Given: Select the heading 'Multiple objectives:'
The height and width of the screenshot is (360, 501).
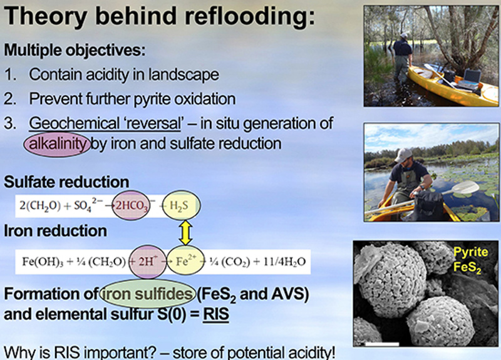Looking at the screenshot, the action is point(75,50).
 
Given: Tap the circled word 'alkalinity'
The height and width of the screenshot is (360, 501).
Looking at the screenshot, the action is point(58,144).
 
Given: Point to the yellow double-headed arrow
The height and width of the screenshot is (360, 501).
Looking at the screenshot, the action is point(185,233).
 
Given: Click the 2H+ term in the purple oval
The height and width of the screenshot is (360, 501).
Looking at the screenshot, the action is point(148,262).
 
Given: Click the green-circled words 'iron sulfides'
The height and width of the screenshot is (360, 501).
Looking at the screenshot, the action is point(148,294).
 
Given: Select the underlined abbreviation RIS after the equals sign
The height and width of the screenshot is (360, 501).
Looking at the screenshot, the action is point(215,314).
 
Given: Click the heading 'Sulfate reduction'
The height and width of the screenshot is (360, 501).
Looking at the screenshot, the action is point(66,182).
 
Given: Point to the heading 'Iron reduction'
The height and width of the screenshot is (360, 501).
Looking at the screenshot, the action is point(55,231).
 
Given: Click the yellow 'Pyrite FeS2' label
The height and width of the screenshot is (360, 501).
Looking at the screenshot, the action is point(471,259).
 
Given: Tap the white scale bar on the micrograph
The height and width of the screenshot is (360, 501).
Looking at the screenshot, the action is point(382,344).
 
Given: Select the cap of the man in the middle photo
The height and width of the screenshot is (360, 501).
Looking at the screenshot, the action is point(403,155).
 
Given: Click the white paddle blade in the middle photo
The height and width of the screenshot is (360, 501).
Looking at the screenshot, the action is point(465,187).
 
